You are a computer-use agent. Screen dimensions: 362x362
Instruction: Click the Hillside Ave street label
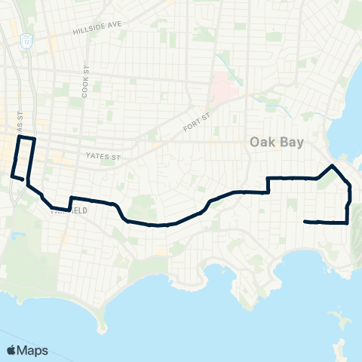click(x=97, y=29)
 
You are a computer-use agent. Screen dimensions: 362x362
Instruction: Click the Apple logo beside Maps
click(x=12, y=350)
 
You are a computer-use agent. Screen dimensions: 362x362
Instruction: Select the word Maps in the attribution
click(x=33, y=350)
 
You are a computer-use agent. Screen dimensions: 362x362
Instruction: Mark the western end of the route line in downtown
click(x=11, y=176)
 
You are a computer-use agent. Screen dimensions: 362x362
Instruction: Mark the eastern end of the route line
click(x=305, y=221)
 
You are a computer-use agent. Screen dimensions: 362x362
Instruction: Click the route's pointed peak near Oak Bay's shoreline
click(x=333, y=164)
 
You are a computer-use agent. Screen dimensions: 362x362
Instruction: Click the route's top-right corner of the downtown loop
click(x=35, y=140)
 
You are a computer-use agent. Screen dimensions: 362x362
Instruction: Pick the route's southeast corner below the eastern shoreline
click(x=347, y=222)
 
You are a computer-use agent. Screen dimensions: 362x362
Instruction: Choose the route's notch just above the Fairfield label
click(x=69, y=199)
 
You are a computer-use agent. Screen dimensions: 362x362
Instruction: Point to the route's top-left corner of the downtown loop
click(x=20, y=138)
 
